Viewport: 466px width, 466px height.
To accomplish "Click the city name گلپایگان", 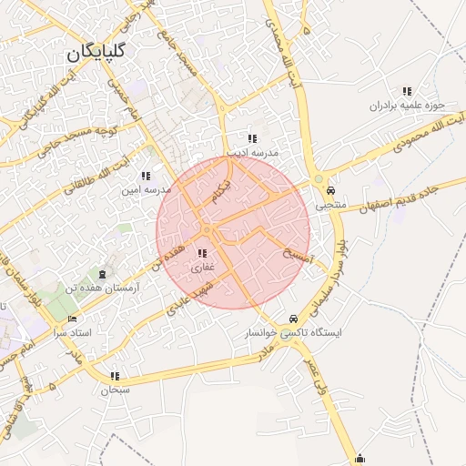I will click(95, 53).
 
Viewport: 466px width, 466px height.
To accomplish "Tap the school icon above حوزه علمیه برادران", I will click(407, 91).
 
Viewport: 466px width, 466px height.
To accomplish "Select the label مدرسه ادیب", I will click(251, 154).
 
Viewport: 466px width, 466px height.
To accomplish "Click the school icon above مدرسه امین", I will click(146, 176).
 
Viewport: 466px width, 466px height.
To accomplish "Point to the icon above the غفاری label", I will click(201, 254).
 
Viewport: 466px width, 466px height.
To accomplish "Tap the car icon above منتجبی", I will click(329, 191).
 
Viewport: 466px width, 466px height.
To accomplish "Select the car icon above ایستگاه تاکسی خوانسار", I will click(292, 319).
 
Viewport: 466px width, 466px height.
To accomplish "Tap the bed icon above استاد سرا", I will click(74, 320).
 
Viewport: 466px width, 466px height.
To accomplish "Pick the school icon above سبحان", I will click(115, 376).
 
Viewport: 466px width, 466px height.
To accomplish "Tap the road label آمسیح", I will click(298, 257).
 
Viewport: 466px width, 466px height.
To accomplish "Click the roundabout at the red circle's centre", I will click(208, 230).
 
